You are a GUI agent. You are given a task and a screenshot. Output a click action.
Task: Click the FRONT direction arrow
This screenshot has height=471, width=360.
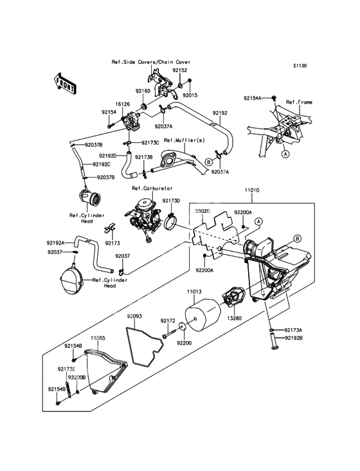[x=64, y=84]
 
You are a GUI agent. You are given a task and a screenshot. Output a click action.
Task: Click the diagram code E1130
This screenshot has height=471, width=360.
[x=300, y=66]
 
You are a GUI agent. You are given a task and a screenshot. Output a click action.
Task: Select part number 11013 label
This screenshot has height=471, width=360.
[x=194, y=291]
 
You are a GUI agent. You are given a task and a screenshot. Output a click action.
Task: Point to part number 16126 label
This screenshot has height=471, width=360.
[x=123, y=104]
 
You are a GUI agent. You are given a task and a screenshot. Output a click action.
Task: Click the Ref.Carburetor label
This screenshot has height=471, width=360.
[x=152, y=189]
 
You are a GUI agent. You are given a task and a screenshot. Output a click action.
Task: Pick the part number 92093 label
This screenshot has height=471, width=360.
[x=134, y=317]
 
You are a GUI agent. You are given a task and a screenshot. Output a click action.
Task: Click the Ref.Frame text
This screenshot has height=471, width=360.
[x=299, y=102]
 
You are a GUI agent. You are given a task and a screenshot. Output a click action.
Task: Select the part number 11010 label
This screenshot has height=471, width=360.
[x=252, y=190]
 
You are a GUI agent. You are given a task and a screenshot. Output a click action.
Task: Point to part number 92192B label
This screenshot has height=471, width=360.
[x=293, y=338]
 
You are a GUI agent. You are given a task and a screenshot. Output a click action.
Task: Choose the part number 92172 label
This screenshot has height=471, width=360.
[x=167, y=321]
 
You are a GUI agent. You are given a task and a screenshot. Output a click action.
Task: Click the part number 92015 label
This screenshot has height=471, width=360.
[x=190, y=95]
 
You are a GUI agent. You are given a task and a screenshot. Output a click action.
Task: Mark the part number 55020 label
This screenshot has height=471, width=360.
[x=203, y=211]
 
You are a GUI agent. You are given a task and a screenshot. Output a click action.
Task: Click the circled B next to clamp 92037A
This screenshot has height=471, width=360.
[x=209, y=162]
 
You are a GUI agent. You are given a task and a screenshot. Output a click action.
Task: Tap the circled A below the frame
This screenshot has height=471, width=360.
[x=285, y=154]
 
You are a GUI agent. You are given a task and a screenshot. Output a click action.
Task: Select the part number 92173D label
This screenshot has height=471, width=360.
[x=171, y=200]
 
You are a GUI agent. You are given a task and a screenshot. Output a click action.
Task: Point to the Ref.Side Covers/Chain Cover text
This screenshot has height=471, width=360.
[x=151, y=62]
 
